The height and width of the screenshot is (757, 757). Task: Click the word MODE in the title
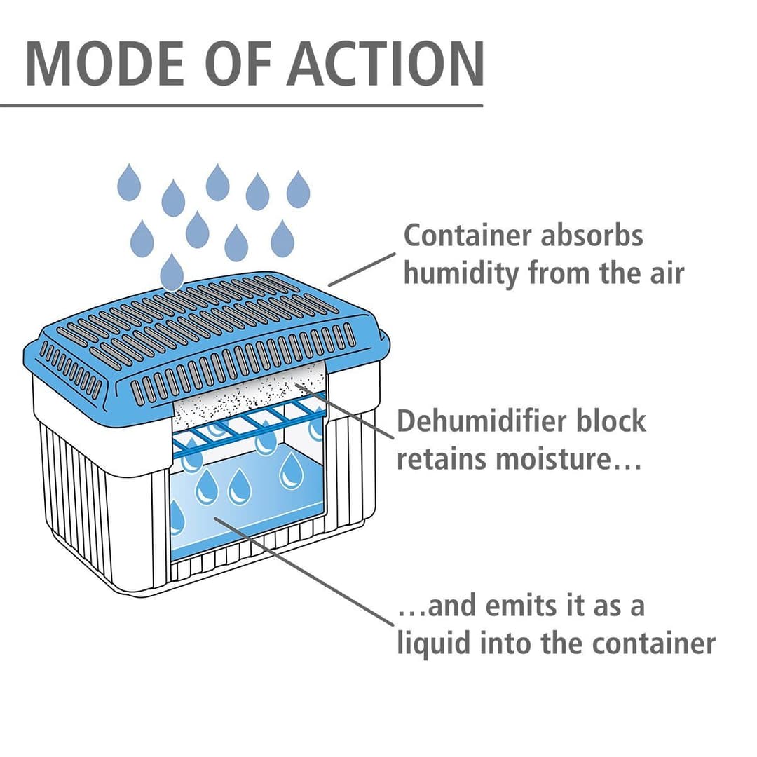[x=105, y=64]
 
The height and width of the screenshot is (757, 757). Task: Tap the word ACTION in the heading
[x=387, y=64]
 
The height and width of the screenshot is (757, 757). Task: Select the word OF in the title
[x=238, y=64]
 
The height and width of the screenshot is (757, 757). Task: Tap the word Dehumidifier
[x=479, y=421]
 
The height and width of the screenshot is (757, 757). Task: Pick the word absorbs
[x=592, y=236]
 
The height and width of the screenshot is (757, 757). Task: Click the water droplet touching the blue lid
[x=172, y=272]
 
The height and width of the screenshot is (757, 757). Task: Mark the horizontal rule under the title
[x=241, y=105]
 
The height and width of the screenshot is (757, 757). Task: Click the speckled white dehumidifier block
[x=250, y=393]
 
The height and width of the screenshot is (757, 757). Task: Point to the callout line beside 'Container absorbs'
[x=362, y=269]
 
